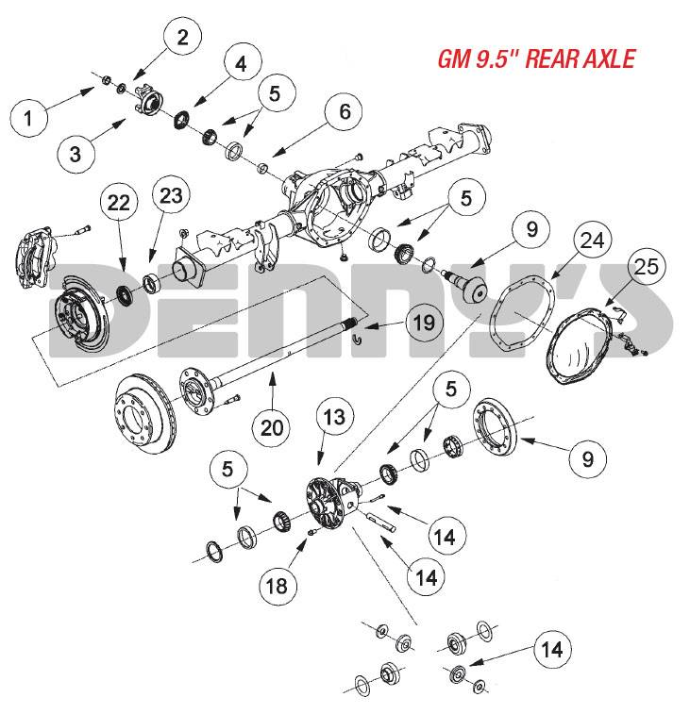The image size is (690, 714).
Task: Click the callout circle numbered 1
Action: [x=28, y=118]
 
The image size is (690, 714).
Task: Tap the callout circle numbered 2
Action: [x=183, y=37]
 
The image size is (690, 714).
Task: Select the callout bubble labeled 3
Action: [x=76, y=154]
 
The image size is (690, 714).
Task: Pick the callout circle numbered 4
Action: [x=241, y=64]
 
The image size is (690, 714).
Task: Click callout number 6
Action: [x=345, y=111]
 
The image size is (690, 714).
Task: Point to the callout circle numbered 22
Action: [x=119, y=202]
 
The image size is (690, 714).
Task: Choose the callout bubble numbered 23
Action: [x=172, y=196]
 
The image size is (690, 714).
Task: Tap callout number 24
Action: [x=593, y=240]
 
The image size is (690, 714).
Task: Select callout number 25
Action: [x=647, y=266]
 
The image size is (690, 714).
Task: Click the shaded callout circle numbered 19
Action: [x=425, y=323]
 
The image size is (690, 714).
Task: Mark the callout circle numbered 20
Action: [x=272, y=427]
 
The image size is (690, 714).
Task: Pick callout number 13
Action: [x=334, y=417]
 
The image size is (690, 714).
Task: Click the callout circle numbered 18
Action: [x=278, y=586]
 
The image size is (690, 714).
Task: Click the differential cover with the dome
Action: [x=578, y=345]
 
